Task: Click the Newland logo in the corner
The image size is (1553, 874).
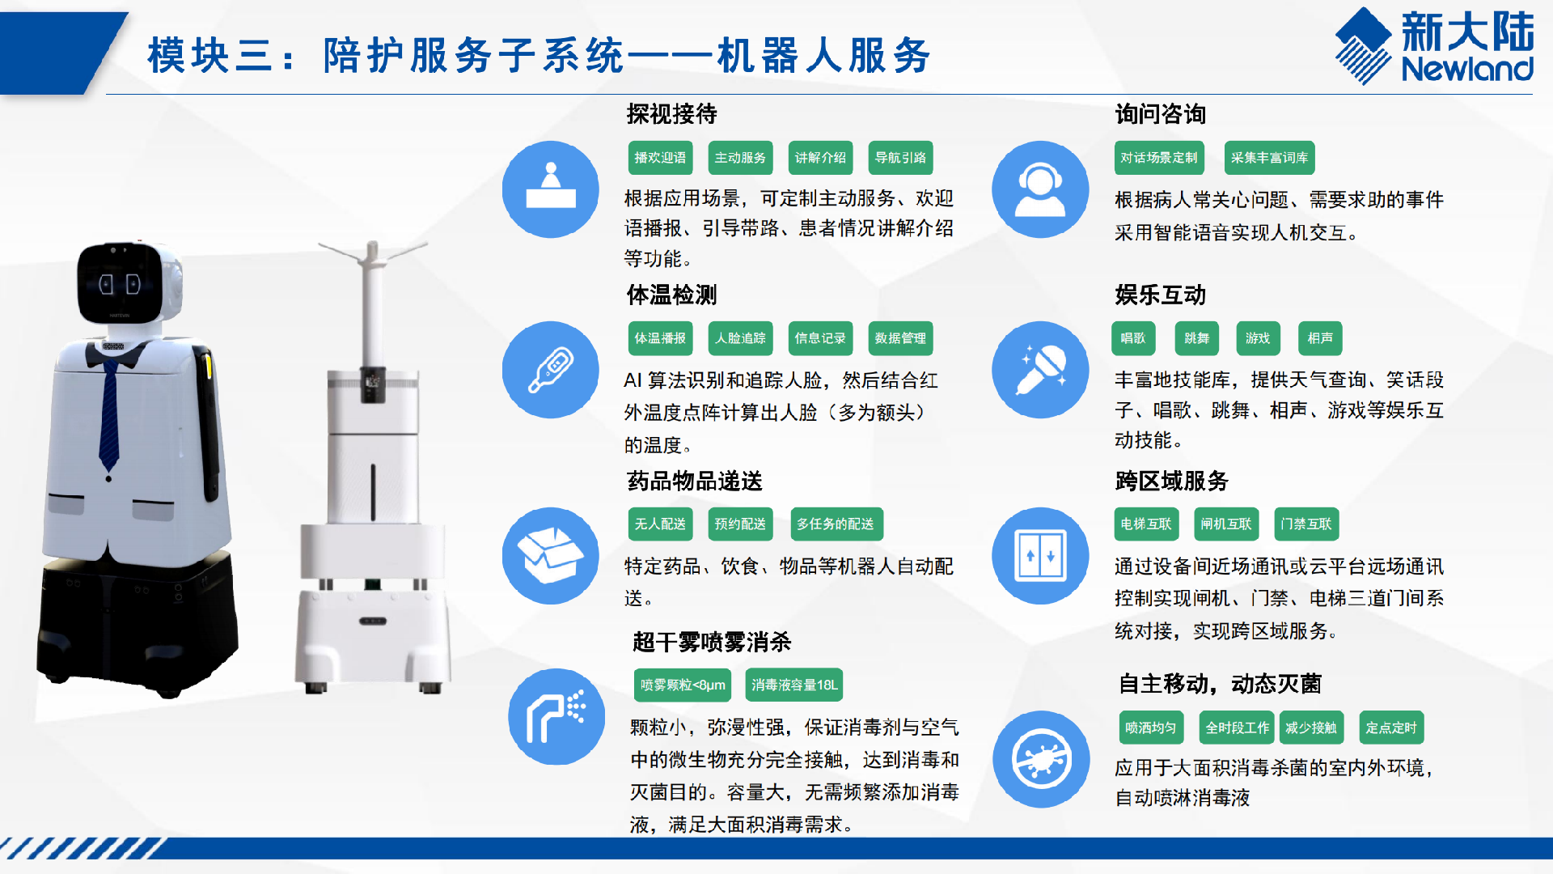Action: point(1434,46)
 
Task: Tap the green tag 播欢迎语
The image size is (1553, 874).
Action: point(660,158)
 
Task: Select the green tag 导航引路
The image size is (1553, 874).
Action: point(900,158)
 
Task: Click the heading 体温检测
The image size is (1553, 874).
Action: point(671,295)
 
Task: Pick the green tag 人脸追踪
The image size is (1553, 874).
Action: point(740,338)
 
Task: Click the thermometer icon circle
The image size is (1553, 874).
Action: point(551,370)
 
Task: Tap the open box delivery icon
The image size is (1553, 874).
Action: point(551,556)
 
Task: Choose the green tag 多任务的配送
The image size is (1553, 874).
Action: point(836,524)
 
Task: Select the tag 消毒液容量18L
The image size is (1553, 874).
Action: point(794,685)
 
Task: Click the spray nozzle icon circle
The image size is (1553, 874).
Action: point(556,717)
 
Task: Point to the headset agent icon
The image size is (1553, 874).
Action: point(1040,189)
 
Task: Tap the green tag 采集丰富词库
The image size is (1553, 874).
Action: point(1269,158)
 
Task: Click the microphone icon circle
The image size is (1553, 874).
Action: point(1040,370)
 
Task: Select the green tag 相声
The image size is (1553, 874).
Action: point(1320,338)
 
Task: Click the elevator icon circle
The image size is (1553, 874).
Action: point(1040,556)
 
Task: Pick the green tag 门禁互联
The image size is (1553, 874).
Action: point(1306,524)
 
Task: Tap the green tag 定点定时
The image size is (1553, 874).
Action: point(1391,728)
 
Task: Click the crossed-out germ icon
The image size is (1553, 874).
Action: point(1041,759)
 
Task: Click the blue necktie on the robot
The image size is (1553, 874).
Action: point(110,413)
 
